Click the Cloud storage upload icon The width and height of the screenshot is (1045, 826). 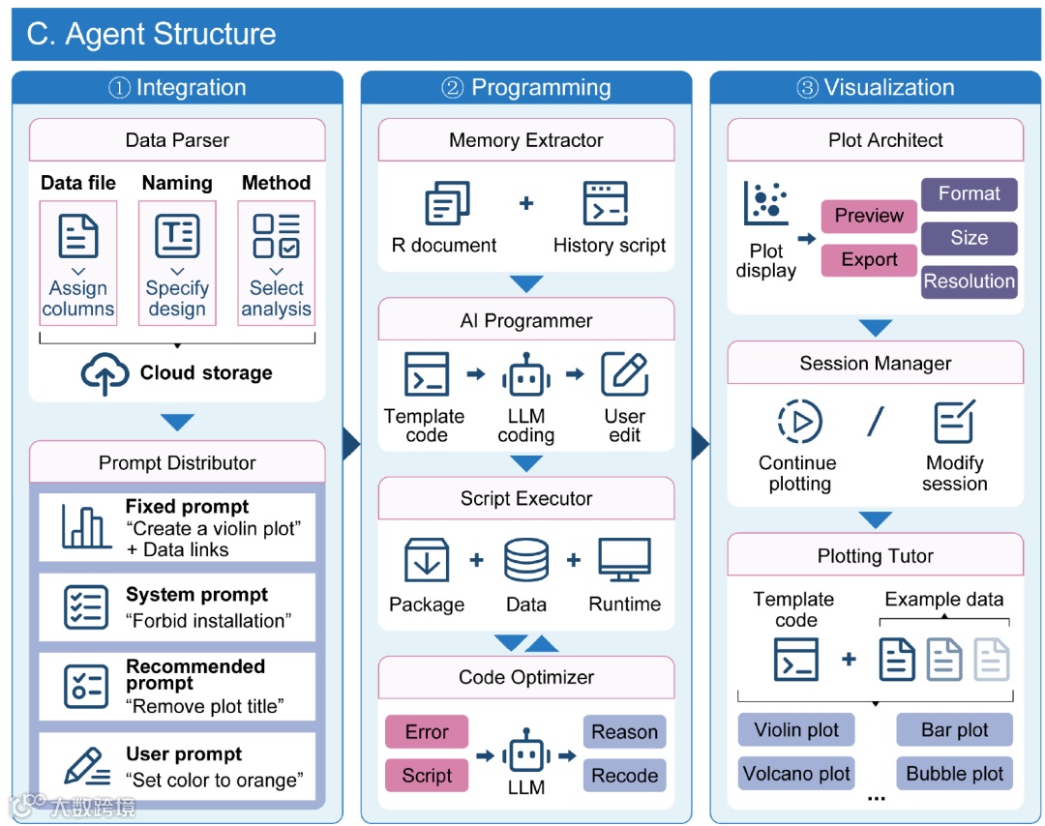(x=104, y=373)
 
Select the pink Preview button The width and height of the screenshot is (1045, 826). (x=869, y=216)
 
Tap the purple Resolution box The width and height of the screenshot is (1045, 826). (x=969, y=281)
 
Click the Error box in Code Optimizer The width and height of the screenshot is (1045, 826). (x=427, y=732)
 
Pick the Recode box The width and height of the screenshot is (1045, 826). (x=624, y=776)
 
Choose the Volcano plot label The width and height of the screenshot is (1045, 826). (x=796, y=774)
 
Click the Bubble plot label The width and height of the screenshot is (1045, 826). (x=954, y=774)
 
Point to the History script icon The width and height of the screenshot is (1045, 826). (x=605, y=203)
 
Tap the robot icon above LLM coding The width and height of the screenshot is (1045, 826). (x=526, y=375)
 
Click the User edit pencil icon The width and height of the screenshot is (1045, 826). (x=624, y=374)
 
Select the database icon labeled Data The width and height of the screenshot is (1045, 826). (x=526, y=560)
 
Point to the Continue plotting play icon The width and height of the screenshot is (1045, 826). (x=800, y=422)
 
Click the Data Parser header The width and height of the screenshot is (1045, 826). (x=177, y=140)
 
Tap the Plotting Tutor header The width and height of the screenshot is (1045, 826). (x=875, y=555)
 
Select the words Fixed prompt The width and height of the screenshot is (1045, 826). (x=187, y=507)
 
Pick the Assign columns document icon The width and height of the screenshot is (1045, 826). (x=78, y=236)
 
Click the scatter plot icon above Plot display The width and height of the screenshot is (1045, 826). (x=766, y=203)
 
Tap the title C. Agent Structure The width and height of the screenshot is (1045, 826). (x=151, y=34)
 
